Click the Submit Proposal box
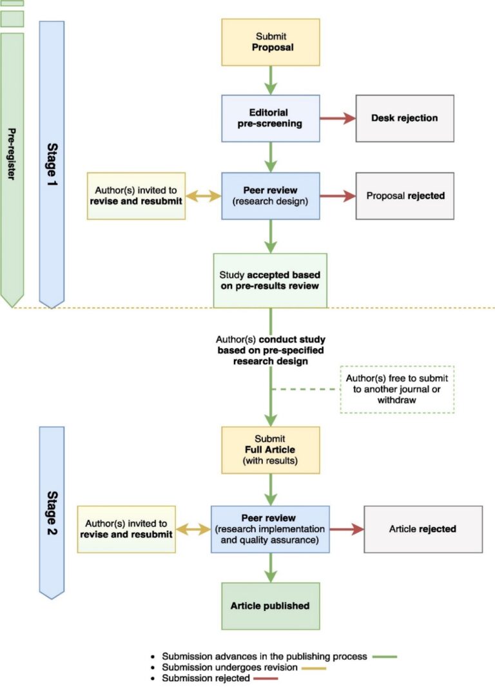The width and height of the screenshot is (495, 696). tap(271, 43)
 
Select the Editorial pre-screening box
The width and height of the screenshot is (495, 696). tap(271, 119)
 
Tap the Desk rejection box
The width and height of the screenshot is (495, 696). tap(404, 119)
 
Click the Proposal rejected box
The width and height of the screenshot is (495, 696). tap(404, 195)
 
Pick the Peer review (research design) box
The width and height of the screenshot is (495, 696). tap(271, 195)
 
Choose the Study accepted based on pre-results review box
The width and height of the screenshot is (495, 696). tap(271, 280)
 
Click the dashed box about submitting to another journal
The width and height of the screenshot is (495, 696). tap(397, 389)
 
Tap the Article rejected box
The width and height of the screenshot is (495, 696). tap(422, 529)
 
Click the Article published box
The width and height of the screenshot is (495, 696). tap(271, 606)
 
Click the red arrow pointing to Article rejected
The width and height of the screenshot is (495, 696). tap(347, 529)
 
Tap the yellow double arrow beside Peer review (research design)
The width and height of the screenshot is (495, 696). tap(204, 195)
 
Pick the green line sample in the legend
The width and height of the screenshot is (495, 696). tap(384, 656)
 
